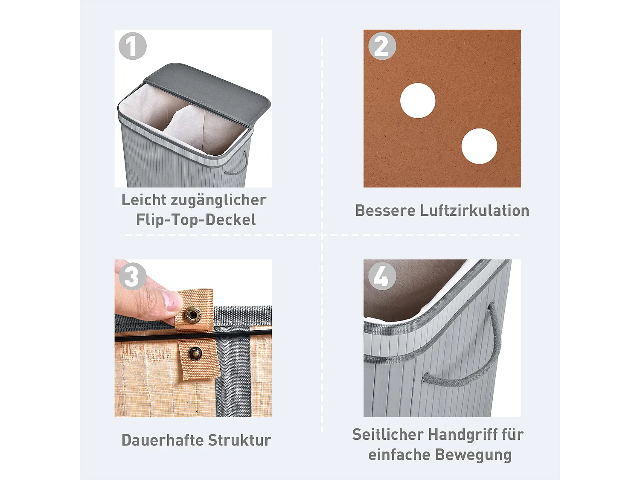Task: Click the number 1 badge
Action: pos(132,46)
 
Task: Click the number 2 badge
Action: pos(382,46)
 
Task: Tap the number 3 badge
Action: pos(132,276)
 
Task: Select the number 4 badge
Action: pos(382,276)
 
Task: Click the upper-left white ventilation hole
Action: pos(418,101)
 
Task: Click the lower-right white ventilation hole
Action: pos(479,146)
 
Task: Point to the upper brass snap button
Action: pos(193,315)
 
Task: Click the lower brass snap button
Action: pos(195,353)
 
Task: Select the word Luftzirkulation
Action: pos(474,211)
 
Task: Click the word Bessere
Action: pos(385,211)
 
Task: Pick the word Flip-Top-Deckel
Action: pos(196,220)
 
